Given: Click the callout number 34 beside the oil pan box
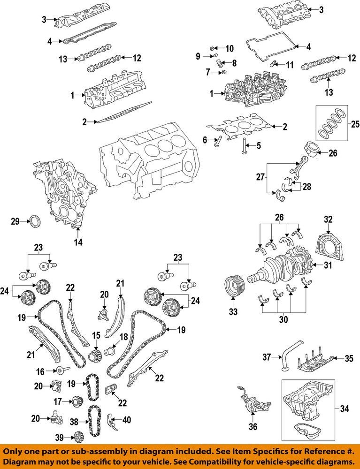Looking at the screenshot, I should tap(344, 409).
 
